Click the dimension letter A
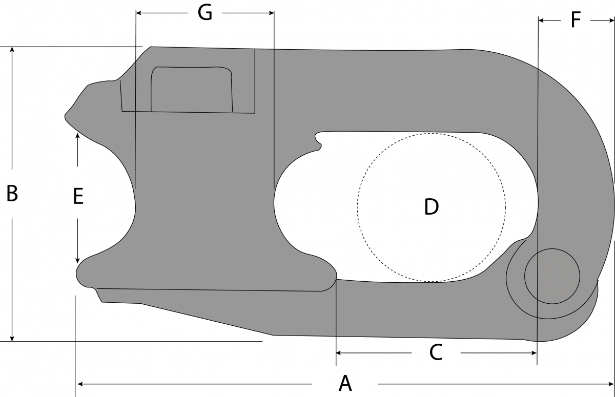[345, 383]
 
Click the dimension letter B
[12, 194]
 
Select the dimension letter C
[435, 352]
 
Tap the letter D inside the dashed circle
[432, 207]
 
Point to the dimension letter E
[78, 197]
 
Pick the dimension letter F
[576, 20]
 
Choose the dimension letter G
[205, 13]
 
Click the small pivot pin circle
[552, 276]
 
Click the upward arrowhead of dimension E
[77, 135]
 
